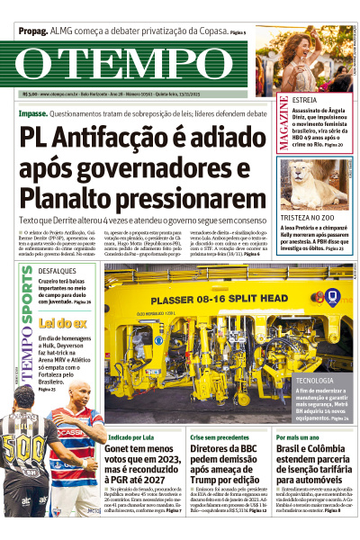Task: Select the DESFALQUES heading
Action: [58, 271]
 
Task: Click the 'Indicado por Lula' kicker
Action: [129, 436]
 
